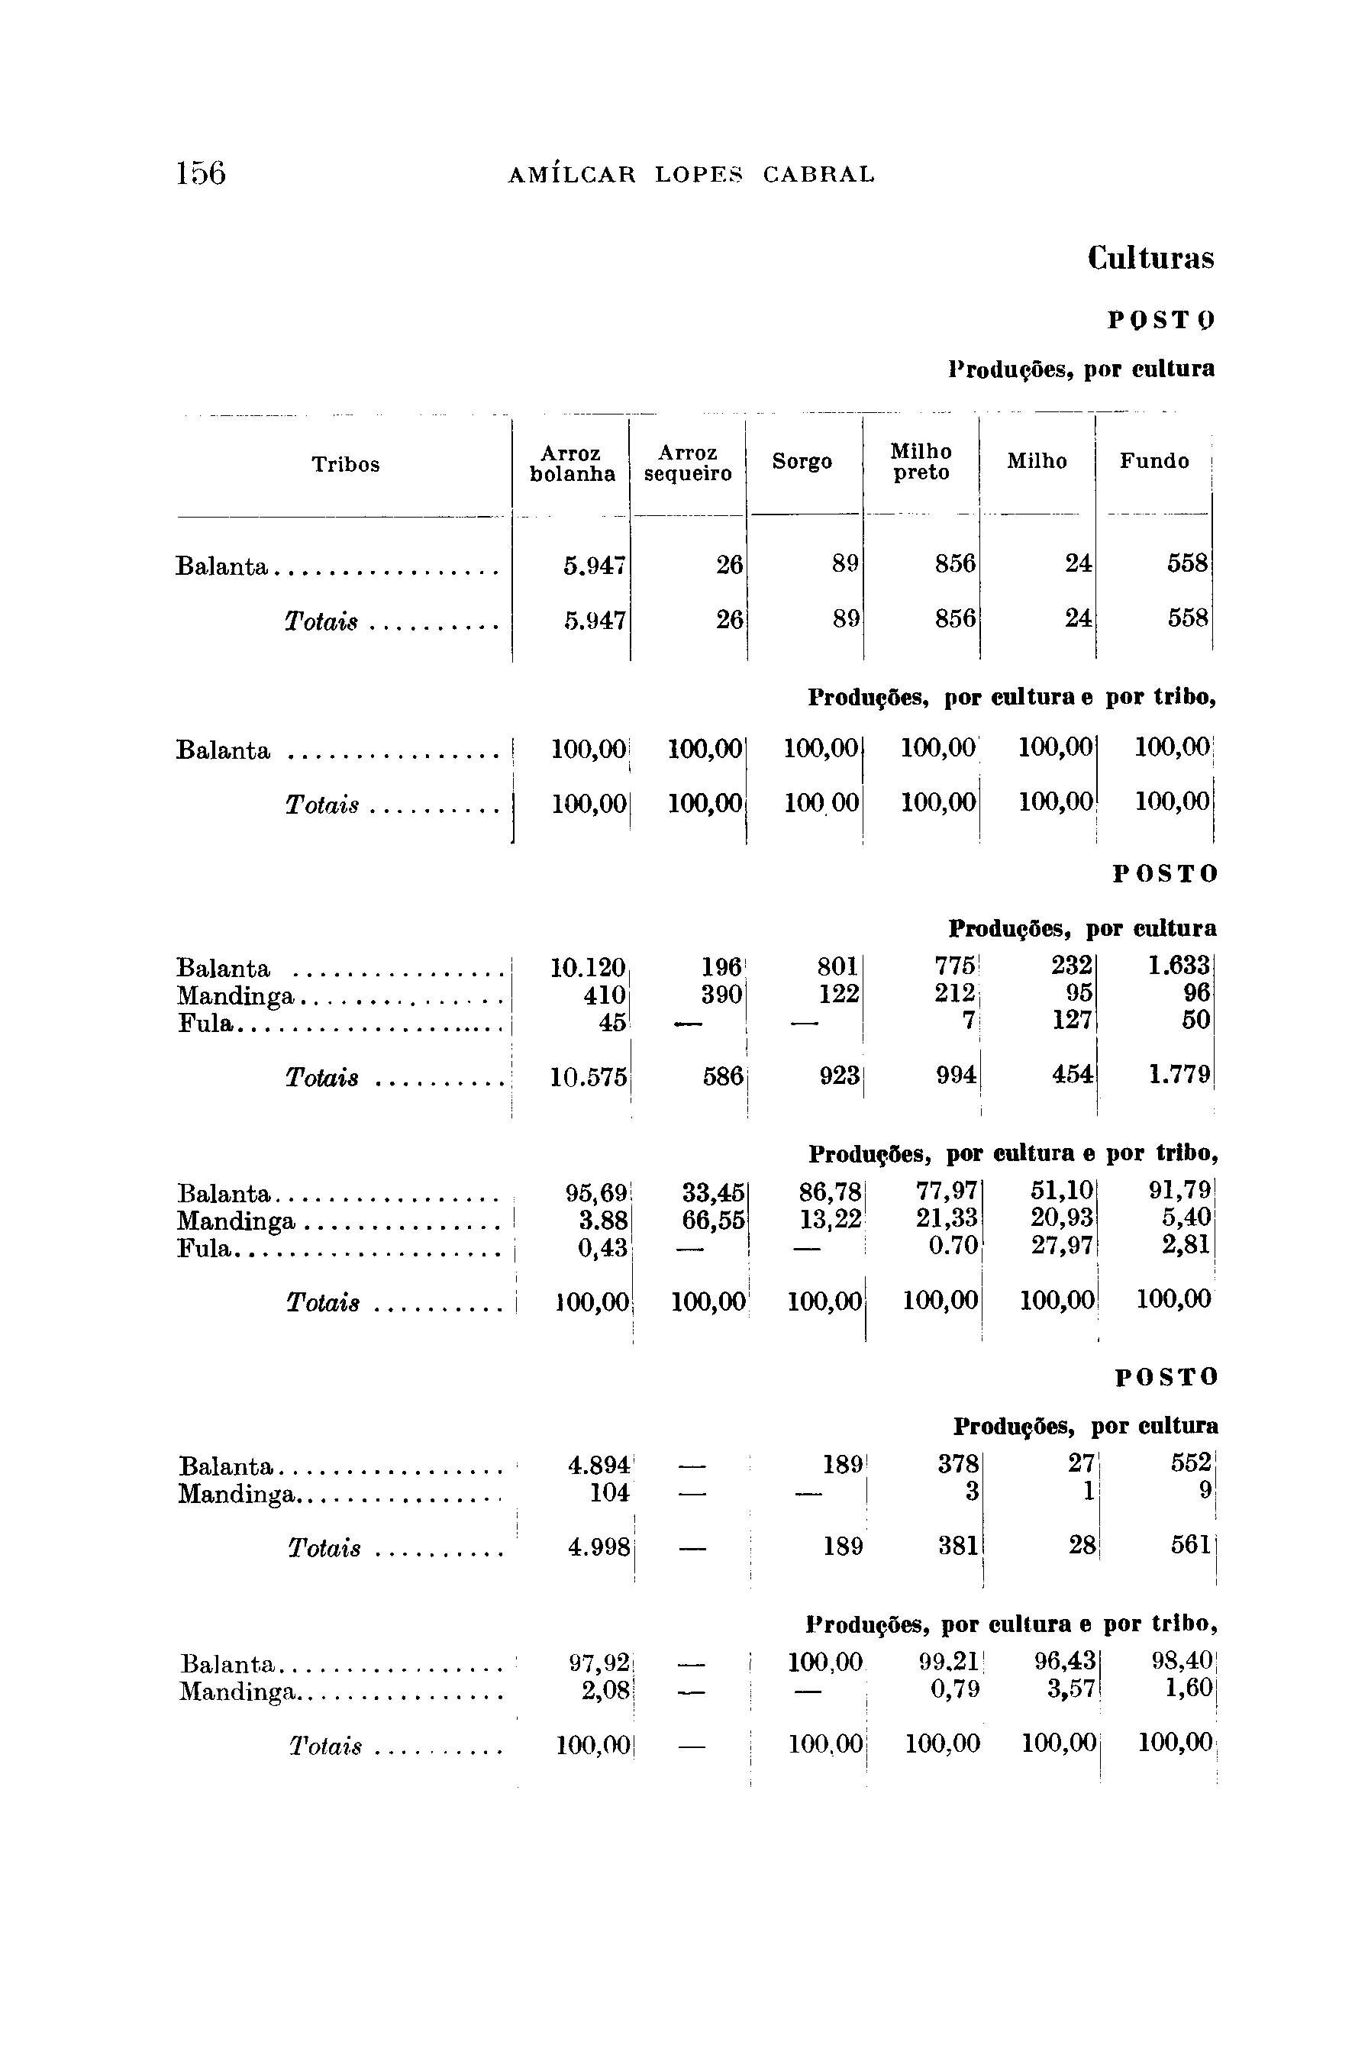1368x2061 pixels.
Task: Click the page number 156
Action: pos(201,173)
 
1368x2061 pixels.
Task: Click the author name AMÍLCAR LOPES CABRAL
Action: pos(691,175)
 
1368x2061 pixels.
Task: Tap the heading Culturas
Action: pos(1150,258)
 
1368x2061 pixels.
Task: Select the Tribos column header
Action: pos(346,465)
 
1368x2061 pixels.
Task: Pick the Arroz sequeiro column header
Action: pos(688,463)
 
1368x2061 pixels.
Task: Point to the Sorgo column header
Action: pos(802,461)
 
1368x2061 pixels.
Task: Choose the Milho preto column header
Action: pos(921,461)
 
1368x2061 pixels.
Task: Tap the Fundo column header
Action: pos(1153,461)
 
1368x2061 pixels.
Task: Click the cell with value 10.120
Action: pos(588,968)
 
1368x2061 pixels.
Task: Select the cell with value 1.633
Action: pos(1179,966)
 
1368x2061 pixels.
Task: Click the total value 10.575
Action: pos(588,1077)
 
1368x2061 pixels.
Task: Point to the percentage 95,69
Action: pos(596,1192)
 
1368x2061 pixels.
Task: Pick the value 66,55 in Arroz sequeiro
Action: pos(714,1221)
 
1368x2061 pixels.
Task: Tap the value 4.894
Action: pos(598,1466)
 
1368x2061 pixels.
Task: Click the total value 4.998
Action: pos(598,1547)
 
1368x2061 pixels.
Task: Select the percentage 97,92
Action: pos(599,1664)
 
